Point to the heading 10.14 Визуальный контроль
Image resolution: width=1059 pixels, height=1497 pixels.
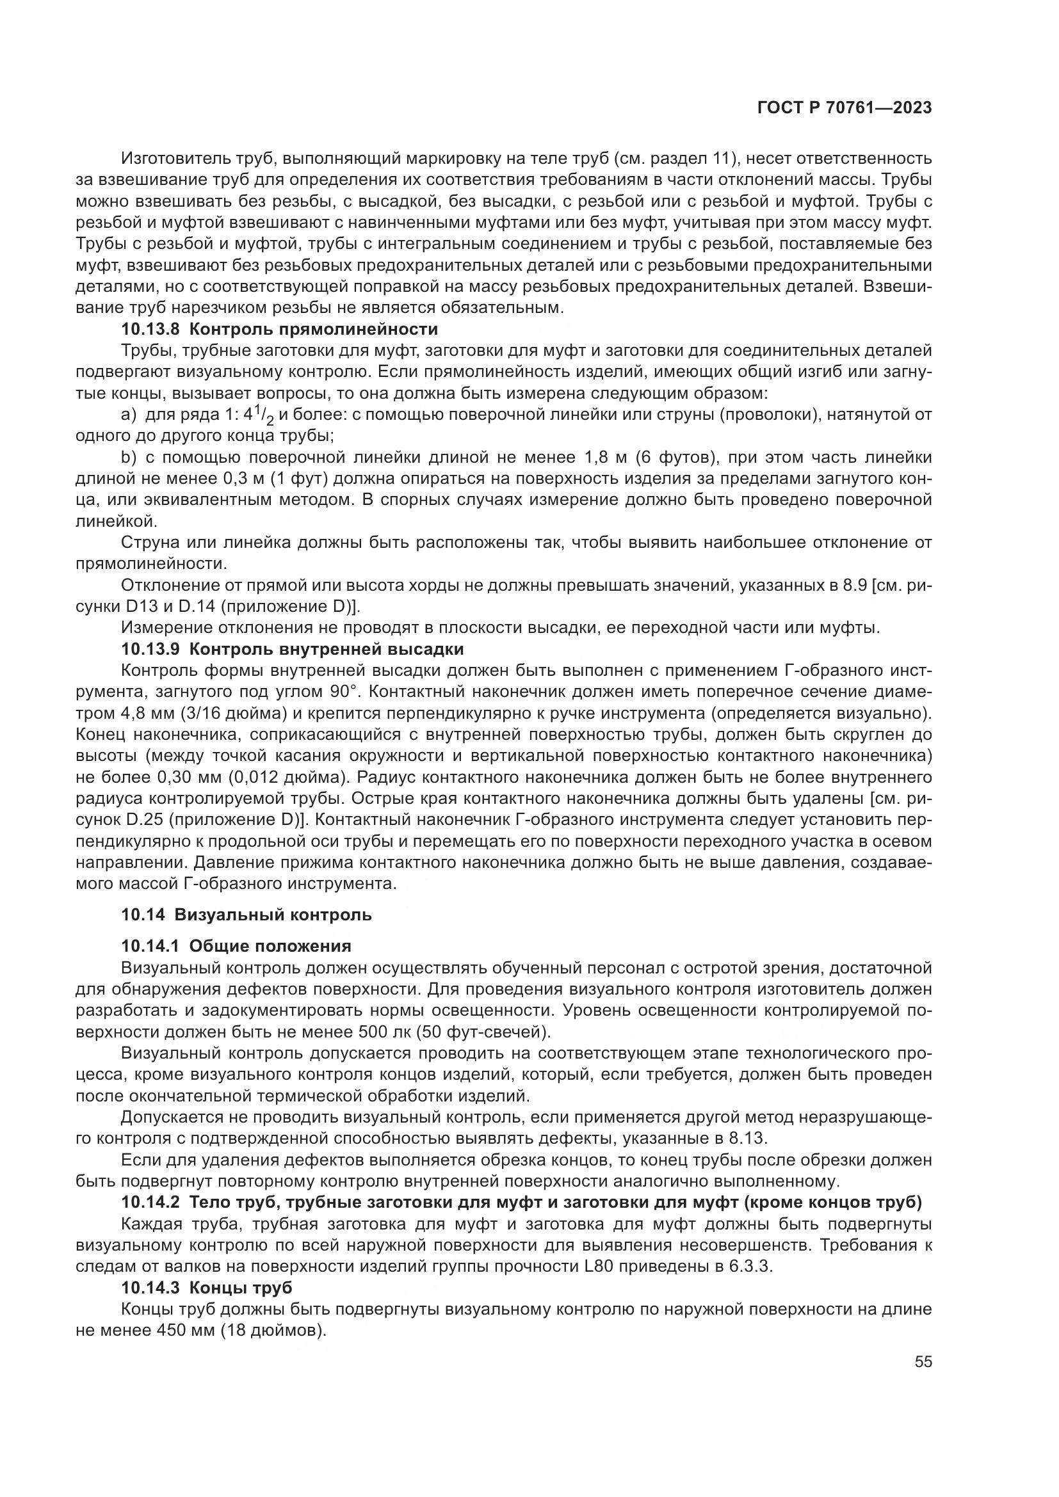point(246,915)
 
